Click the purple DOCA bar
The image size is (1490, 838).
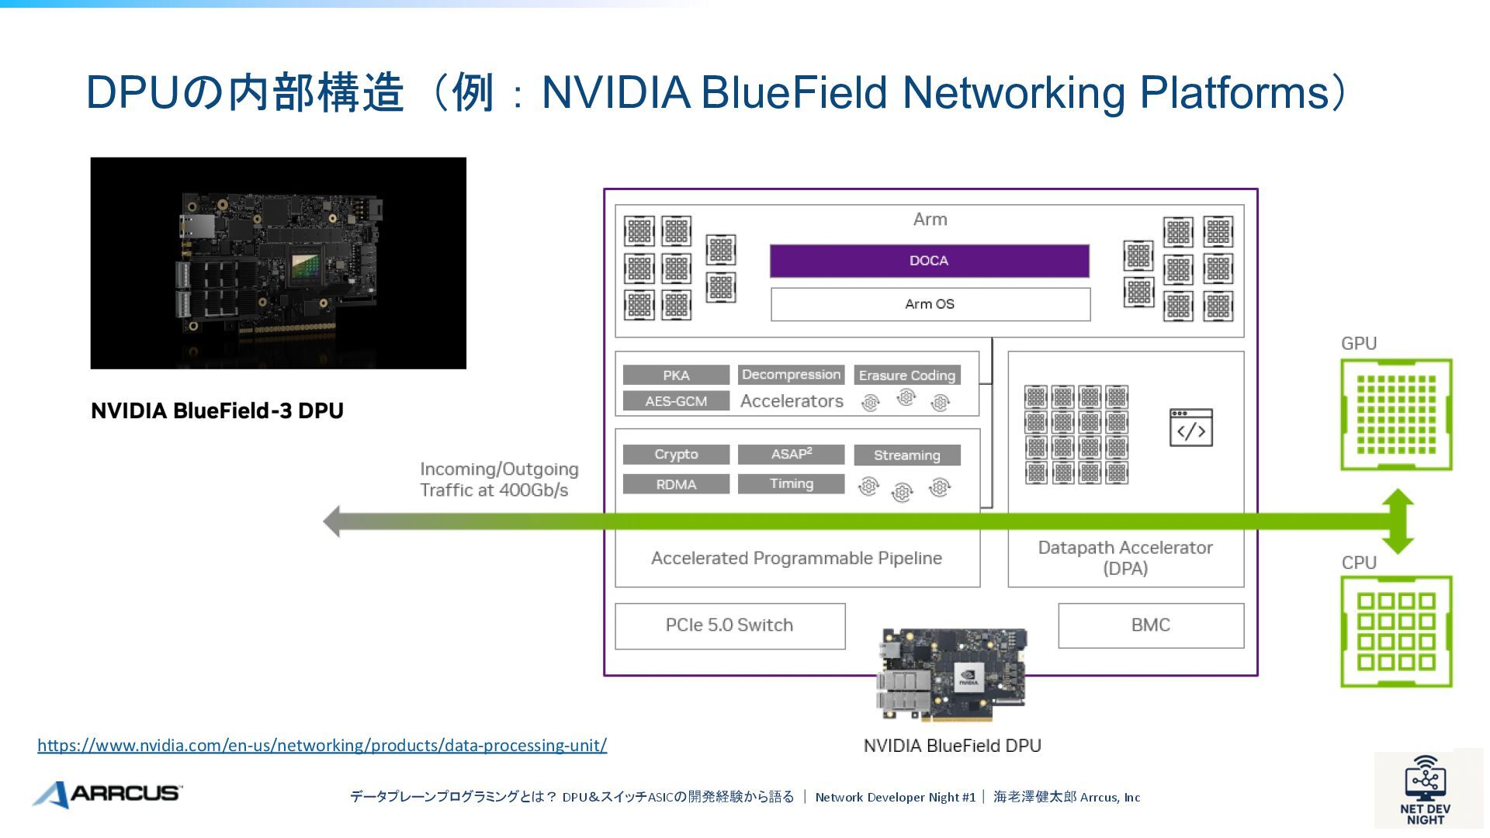coord(929,261)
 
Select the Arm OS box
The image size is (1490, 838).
coord(930,304)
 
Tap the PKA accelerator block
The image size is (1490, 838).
coord(676,376)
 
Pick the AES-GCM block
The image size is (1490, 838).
coord(676,401)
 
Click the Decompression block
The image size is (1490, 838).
coord(791,375)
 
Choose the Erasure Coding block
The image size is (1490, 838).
coord(906,376)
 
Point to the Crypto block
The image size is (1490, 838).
coord(676,455)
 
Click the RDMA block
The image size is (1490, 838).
coord(676,484)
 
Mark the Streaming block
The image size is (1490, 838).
coord(906,455)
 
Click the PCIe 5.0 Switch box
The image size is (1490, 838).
coord(729,625)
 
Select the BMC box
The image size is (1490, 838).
coord(1150,625)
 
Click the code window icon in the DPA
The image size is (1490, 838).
coord(1190,428)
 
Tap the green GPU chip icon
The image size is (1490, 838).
coord(1396,414)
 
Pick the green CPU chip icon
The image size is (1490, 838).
coord(1396,632)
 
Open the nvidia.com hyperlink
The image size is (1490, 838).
coord(322,746)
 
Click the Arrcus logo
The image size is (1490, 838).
coord(107,794)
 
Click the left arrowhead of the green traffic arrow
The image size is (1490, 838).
coord(332,521)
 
